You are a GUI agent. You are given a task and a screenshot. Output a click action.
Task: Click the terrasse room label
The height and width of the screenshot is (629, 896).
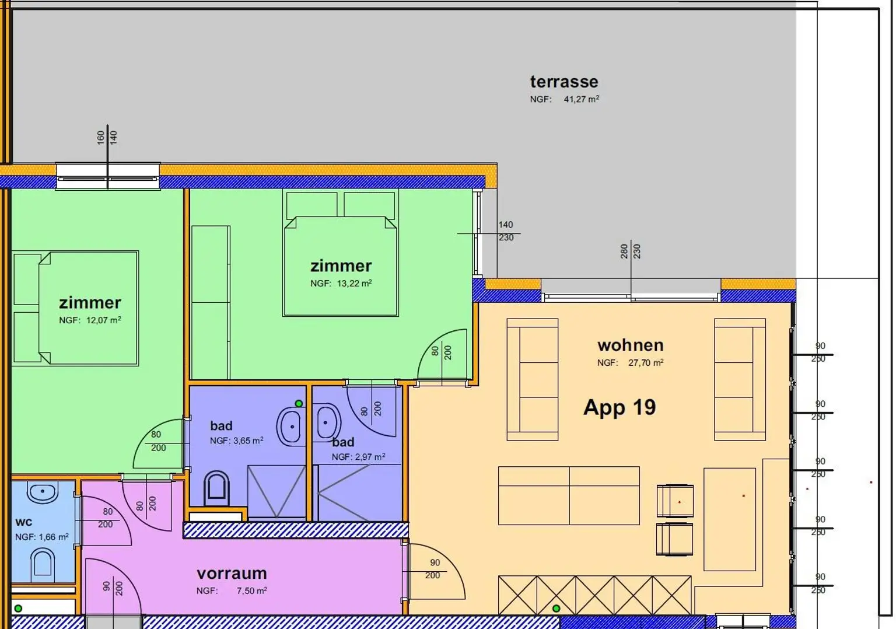click(x=564, y=82)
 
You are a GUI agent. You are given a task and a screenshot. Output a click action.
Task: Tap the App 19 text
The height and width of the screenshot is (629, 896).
click(x=619, y=407)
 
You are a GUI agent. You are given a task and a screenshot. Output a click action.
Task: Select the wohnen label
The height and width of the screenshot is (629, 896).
click(x=631, y=345)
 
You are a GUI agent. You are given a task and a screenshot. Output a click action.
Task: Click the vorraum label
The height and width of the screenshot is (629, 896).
click(x=232, y=574)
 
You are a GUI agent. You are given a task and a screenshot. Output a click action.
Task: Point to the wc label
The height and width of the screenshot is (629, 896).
click(x=23, y=522)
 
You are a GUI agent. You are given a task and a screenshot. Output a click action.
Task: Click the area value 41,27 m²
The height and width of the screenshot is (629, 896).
click(x=581, y=99)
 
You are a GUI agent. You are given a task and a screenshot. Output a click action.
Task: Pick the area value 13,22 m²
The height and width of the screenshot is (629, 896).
click(x=355, y=284)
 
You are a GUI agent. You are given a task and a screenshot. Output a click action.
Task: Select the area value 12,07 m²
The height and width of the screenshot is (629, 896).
click(x=104, y=320)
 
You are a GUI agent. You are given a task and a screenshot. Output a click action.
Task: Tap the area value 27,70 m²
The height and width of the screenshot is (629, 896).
click(x=646, y=362)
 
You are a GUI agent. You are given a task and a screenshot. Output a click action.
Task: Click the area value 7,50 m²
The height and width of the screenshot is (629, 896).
click(x=251, y=590)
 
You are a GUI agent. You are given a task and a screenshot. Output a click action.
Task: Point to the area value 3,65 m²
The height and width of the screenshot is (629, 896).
click(x=248, y=441)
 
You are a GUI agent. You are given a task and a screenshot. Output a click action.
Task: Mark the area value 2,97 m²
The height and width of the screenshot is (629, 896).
click(x=370, y=457)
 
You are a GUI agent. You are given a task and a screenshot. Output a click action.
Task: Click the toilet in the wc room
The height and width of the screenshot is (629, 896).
click(x=43, y=562)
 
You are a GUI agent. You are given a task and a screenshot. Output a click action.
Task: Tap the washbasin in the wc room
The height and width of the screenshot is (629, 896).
click(x=43, y=492)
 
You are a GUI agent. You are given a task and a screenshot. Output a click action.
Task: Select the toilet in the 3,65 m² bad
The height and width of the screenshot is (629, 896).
click(x=216, y=488)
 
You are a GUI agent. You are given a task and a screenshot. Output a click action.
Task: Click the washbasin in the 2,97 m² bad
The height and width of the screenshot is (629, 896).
click(x=327, y=422)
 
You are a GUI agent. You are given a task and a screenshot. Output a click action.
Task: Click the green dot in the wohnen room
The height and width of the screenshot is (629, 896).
click(x=556, y=608)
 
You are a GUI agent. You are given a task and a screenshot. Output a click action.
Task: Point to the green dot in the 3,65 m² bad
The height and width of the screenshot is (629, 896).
click(x=299, y=403)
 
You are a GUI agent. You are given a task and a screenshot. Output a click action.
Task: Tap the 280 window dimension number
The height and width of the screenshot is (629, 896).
click(x=624, y=251)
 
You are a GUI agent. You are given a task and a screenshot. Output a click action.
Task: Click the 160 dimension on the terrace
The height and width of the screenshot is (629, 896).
click(x=100, y=137)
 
